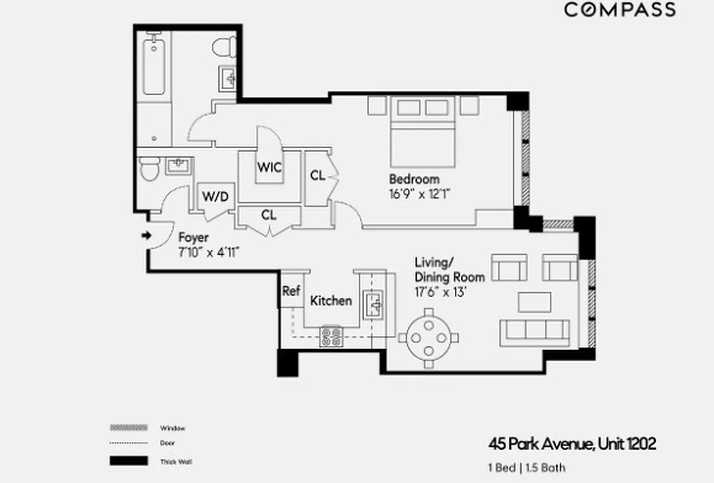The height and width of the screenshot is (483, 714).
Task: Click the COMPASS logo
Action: coord(620,10)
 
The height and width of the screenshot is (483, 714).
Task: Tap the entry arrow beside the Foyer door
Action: coord(146,235)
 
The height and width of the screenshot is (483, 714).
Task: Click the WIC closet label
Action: coord(269,167)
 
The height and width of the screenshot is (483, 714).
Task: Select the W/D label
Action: coord(215,197)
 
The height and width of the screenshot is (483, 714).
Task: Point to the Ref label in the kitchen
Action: coord(291,291)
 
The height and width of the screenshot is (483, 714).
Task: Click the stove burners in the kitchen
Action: coord(331,336)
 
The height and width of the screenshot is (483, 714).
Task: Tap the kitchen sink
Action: coord(371,304)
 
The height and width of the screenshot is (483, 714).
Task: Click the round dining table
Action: coord(428,336)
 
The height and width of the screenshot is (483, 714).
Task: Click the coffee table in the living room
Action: coord(534,301)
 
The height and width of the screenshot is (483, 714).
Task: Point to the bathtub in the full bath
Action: coord(154,66)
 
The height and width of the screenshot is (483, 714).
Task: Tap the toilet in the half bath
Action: coord(149,170)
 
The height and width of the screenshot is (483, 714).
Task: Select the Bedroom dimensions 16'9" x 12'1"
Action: coord(420,194)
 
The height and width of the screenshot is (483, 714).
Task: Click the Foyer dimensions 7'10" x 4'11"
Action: coord(210,252)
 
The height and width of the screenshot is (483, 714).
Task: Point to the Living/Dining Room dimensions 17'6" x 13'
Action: coord(440,292)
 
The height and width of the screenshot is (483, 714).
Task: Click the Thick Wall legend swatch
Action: coord(129,461)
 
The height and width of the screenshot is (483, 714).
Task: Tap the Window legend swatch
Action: coord(129,427)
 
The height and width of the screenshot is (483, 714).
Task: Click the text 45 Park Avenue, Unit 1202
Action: coord(571,445)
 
